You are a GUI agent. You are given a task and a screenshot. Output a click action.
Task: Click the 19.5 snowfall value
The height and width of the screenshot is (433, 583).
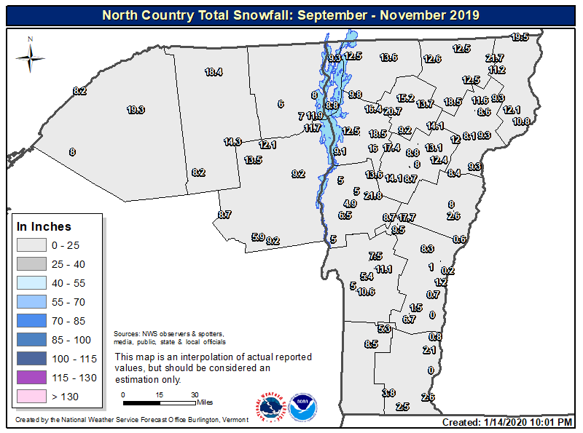(x=520, y=37)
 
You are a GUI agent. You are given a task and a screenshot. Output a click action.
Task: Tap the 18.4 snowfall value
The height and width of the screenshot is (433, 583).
(x=213, y=72)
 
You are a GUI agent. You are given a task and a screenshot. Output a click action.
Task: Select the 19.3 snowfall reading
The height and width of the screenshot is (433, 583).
(x=136, y=110)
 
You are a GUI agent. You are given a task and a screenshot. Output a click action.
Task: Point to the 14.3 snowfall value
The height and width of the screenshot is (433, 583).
(x=232, y=142)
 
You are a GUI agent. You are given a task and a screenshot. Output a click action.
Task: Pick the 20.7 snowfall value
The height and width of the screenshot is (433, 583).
(x=392, y=111)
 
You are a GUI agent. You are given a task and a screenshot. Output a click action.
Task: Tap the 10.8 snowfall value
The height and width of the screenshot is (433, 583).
(x=521, y=122)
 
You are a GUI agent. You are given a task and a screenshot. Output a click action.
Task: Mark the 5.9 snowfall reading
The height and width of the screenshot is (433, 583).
(x=258, y=237)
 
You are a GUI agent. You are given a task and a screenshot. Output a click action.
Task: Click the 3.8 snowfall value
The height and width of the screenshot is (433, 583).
(x=388, y=393)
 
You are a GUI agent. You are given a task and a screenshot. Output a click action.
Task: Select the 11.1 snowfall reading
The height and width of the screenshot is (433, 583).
(x=383, y=269)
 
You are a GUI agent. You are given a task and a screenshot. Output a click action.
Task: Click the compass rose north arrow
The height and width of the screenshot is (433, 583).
(x=31, y=53)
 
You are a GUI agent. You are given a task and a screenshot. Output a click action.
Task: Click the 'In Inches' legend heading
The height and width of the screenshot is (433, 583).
(x=44, y=226)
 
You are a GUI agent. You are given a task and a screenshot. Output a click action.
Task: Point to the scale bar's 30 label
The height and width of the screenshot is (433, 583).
(x=195, y=394)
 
